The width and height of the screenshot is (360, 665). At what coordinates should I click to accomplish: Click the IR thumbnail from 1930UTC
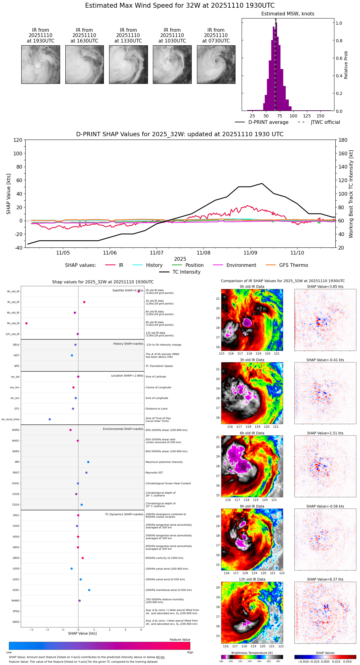coord(41,64)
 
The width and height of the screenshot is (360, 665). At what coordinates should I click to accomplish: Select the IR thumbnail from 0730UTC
coord(216,64)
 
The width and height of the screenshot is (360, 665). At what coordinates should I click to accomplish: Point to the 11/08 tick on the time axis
coord(203,253)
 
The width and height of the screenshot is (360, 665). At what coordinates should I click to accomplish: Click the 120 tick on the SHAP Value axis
coord(18,140)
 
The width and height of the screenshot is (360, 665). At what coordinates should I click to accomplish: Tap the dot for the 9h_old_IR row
coord(27,323)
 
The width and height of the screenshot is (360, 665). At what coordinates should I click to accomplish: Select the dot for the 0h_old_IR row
coord(139,291)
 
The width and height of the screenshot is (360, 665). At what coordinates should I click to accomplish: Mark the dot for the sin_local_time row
coord(50,419)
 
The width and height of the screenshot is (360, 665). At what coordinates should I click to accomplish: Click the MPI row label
coord(17,462)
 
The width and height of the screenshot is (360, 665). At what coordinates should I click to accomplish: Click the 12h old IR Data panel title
coord(252,579)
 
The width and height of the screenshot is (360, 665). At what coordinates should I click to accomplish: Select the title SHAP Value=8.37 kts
coord(325,579)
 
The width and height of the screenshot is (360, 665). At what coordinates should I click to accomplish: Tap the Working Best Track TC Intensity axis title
coord(351,194)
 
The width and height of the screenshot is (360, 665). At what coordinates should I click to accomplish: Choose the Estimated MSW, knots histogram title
coord(288,14)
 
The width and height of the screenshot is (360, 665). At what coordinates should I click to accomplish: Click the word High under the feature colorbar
coord(190,652)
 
